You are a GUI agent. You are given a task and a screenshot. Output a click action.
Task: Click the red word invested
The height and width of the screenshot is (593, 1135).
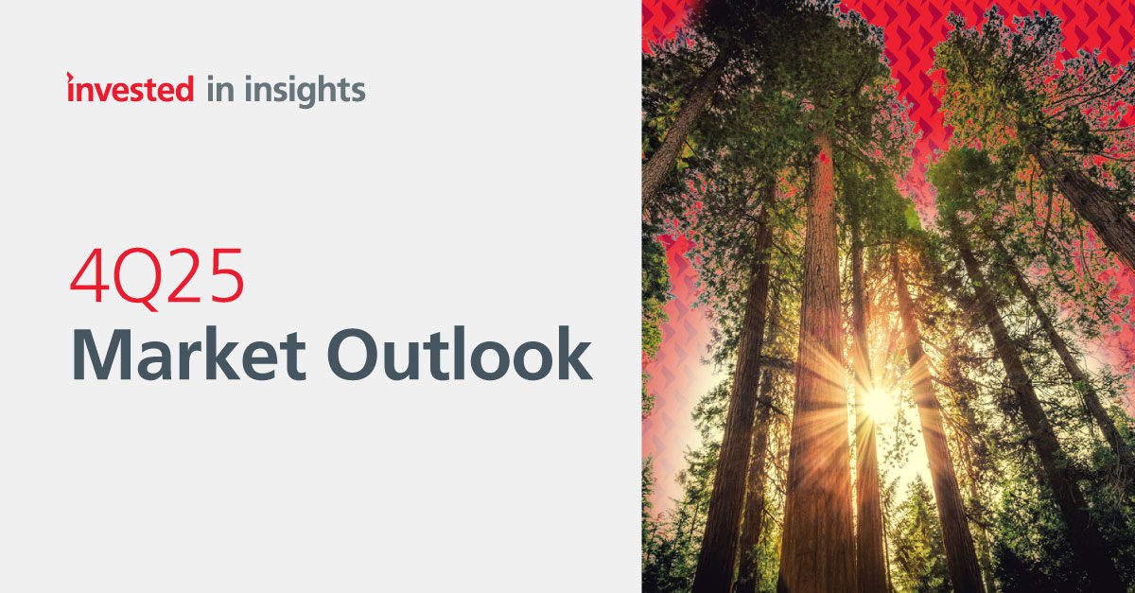coord(131,88)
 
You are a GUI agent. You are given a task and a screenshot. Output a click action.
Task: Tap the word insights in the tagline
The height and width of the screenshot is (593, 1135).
coord(305,91)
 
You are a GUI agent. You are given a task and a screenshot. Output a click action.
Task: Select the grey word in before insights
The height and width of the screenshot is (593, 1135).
coord(221,89)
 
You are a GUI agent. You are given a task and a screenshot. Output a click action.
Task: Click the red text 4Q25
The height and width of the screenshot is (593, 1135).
coord(157,279)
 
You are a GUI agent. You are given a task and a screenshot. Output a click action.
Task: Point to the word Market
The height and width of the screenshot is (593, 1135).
coord(189,354)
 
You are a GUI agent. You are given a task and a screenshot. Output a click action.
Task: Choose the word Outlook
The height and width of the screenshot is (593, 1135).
coord(460,353)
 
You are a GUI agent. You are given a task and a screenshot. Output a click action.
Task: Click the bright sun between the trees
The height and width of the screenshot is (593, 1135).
coord(878,404)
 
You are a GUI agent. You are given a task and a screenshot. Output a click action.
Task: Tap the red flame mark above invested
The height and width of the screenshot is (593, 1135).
coord(70,77)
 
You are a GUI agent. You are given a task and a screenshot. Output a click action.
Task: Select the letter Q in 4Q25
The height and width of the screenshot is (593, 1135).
coord(138,280)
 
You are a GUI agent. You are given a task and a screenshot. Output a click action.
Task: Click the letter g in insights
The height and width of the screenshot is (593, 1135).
coord(304,96)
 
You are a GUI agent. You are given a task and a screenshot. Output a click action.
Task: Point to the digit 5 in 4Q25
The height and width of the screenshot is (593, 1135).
coord(226,277)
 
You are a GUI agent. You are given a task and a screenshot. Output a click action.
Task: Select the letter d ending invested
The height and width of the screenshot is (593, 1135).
coord(183,89)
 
